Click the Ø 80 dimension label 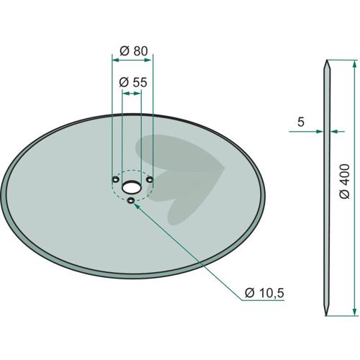click(x=134, y=51)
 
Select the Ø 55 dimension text click(x=133, y=83)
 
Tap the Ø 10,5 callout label click(x=264, y=293)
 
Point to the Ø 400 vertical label click(x=345, y=181)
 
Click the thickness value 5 click(x=301, y=122)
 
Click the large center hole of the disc click(x=131, y=187)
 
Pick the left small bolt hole click(x=116, y=179)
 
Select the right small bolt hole click(x=150, y=179)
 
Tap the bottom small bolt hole click(x=131, y=200)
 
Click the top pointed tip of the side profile click(x=327, y=60)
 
